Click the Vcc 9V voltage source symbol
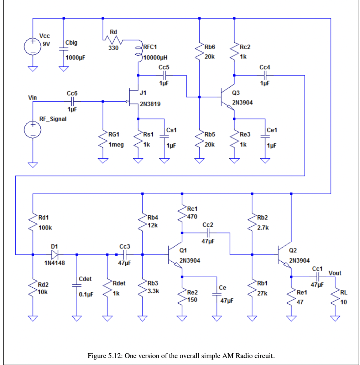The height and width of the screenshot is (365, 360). point(32,46)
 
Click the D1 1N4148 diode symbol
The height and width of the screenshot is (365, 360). point(54,255)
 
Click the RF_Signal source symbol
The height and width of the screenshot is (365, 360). point(32,130)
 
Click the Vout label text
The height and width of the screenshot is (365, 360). point(335,273)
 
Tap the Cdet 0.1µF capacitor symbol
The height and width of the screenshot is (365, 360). point(76,285)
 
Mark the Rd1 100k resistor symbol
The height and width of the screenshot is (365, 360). point(33,222)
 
